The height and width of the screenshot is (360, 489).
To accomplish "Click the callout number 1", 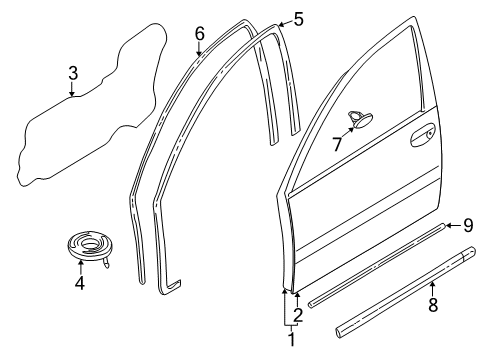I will coord(292,339).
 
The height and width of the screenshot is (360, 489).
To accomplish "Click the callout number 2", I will coord(297,314).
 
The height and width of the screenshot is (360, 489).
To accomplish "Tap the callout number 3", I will coord(72,73).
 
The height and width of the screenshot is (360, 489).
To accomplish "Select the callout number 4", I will coord(81,284).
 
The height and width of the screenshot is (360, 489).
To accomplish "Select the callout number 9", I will coord(466,226).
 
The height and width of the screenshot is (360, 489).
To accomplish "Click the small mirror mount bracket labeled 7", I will coord(357,122).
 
